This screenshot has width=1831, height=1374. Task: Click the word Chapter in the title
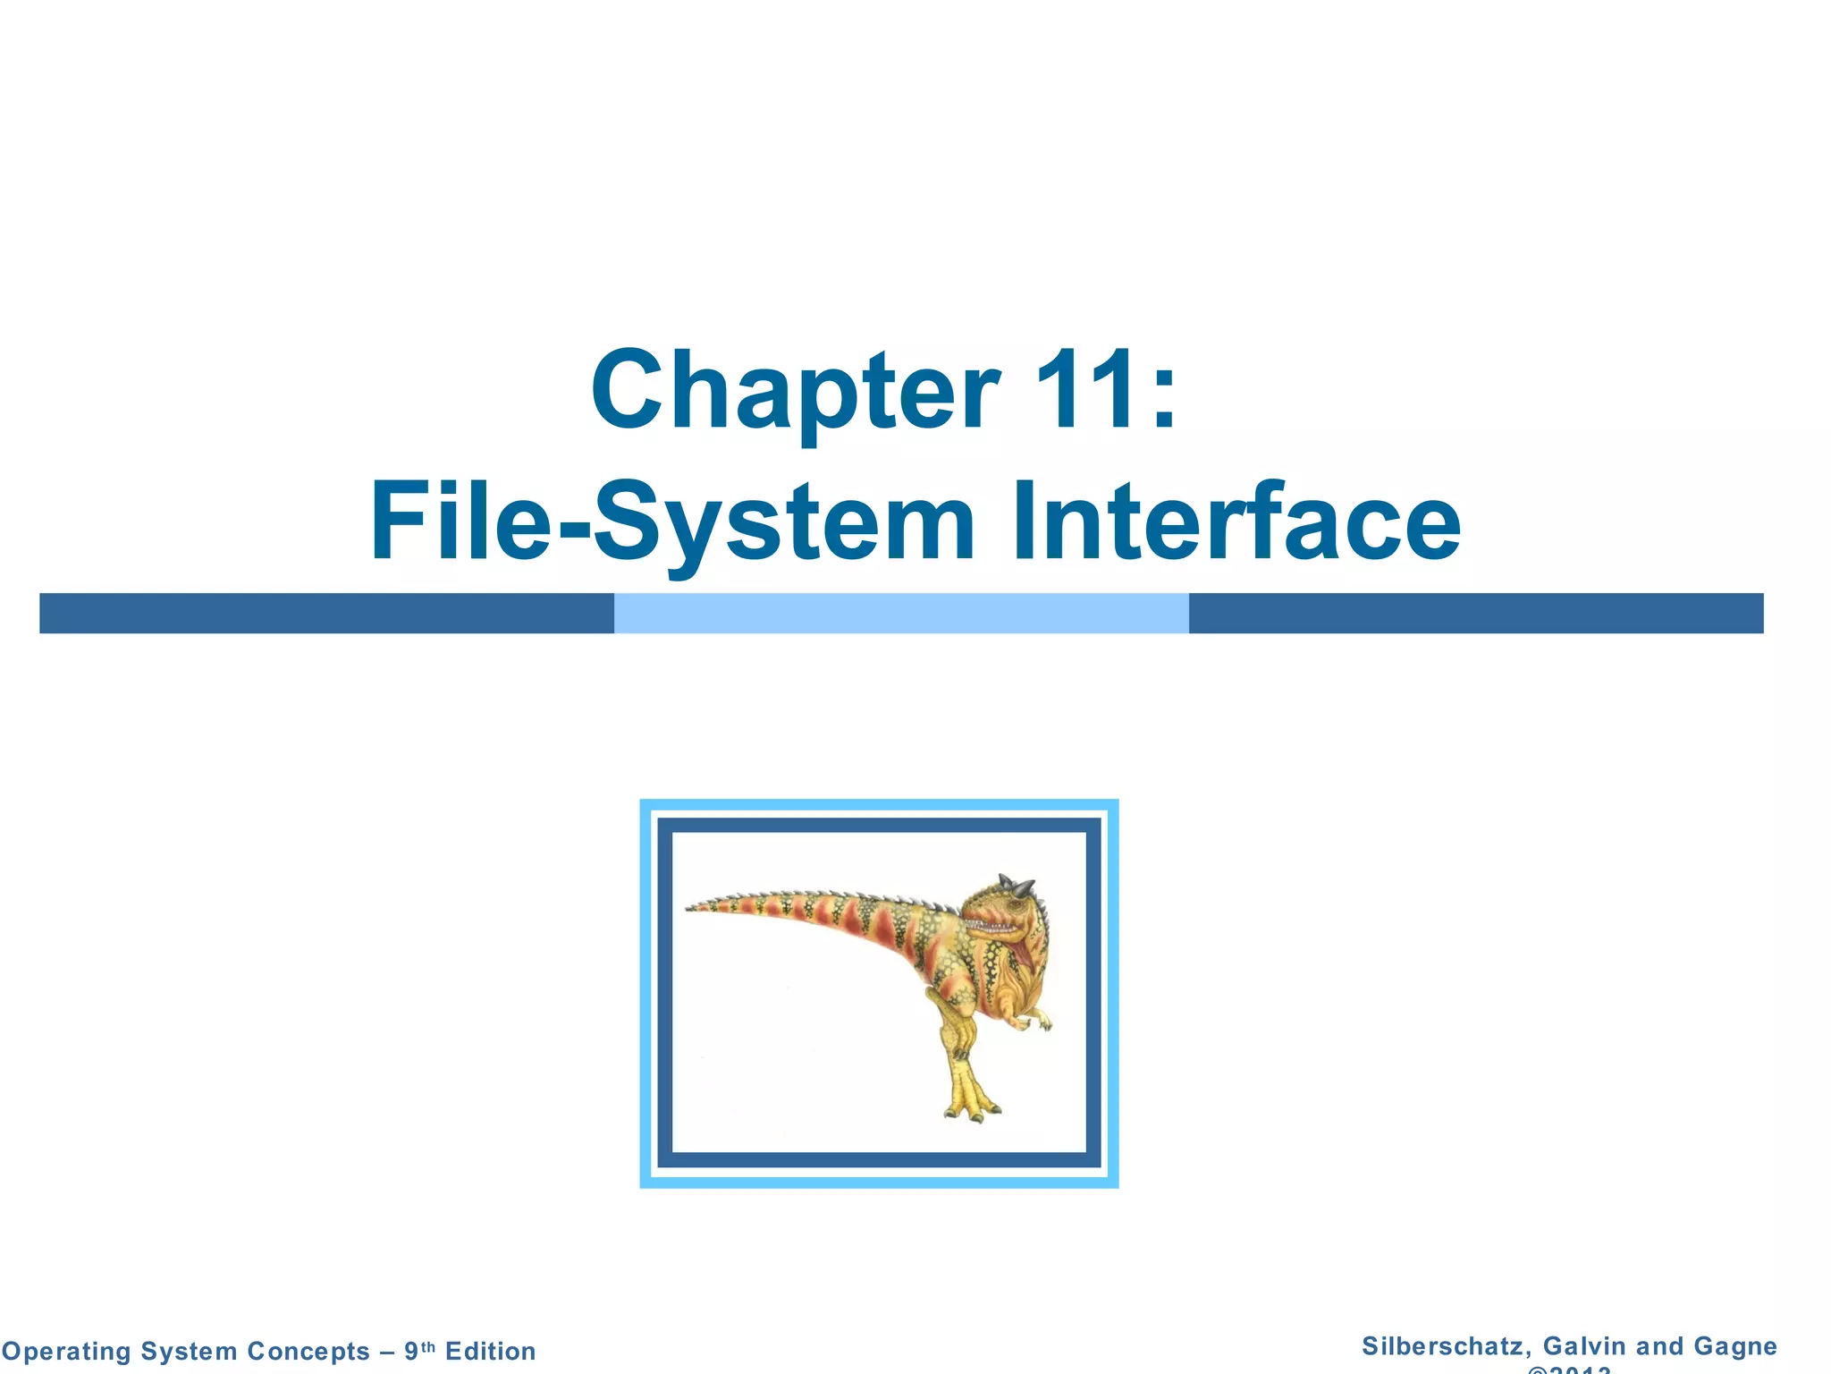[x=794, y=392]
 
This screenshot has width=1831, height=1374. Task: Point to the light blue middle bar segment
[x=901, y=614]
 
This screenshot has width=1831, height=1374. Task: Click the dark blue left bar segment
[x=326, y=614]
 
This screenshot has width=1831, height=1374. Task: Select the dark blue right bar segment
[x=1475, y=614]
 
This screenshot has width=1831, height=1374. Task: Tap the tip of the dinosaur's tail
[x=690, y=908]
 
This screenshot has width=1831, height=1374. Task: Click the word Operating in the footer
[x=66, y=1351]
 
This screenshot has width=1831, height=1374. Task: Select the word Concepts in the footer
[x=308, y=1351]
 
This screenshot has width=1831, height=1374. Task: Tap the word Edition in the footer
[x=490, y=1351]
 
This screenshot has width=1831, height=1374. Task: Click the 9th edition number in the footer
[x=418, y=1350]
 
